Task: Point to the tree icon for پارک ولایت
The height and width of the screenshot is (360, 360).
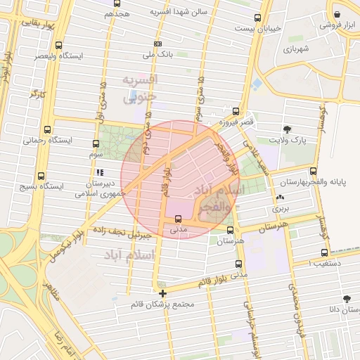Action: (x=287, y=129)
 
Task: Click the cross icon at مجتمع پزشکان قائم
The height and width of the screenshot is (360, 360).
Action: (x=163, y=293)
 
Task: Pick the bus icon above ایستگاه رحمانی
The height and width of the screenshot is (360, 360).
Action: (x=47, y=129)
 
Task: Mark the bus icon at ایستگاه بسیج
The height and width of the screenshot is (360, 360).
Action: (x=40, y=176)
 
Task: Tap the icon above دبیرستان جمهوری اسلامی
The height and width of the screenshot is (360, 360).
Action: (x=100, y=172)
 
